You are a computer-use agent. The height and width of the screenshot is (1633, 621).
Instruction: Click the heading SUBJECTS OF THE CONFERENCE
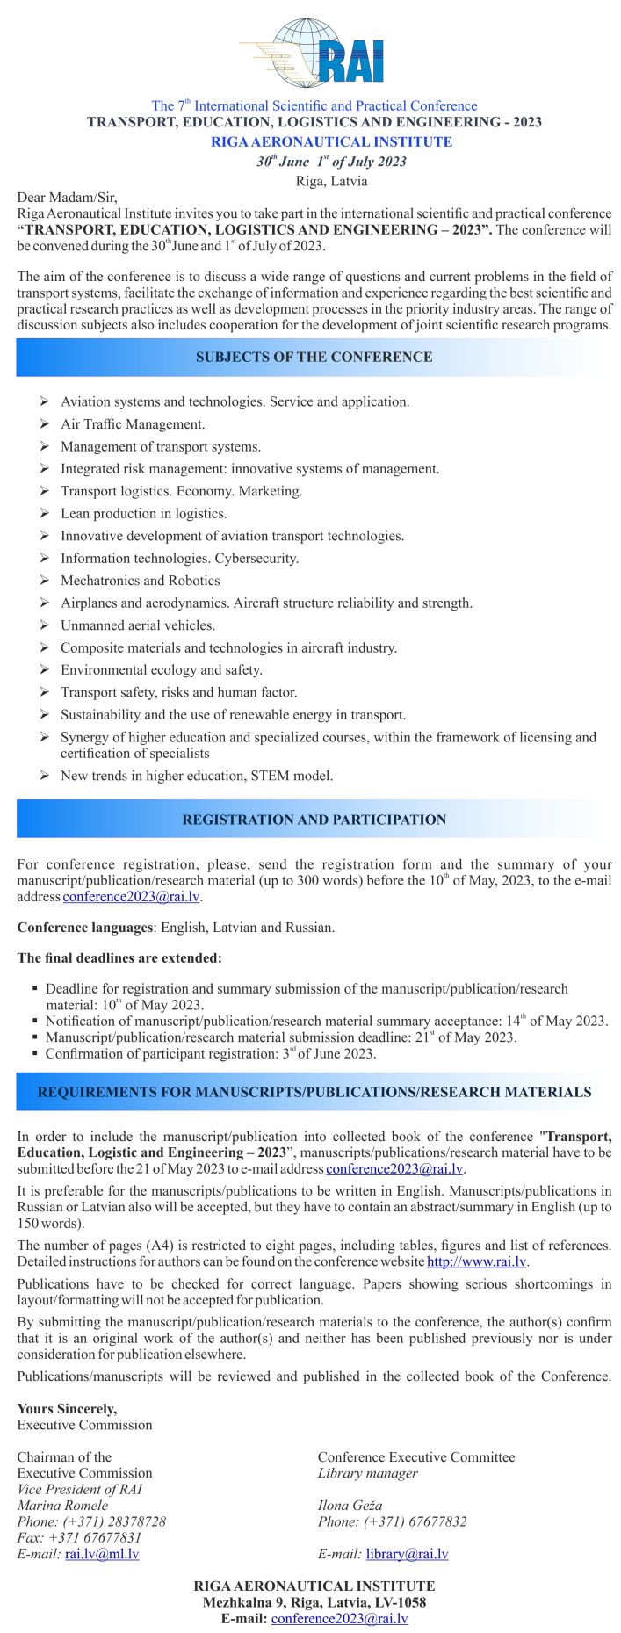(x=314, y=358)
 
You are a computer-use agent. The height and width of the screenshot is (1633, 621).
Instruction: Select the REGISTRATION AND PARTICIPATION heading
(x=314, y=820)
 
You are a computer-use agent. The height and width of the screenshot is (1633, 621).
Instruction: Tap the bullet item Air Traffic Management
(x=133, y=424)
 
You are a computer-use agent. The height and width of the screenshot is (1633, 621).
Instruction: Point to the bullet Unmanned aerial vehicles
(x=137, y=625)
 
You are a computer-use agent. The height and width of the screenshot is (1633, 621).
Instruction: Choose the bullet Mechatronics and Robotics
(x=140, y=581)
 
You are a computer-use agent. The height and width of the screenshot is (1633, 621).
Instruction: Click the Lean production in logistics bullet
(x=143, y=514)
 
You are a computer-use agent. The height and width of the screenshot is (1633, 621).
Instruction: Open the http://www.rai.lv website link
(x=476, y=1262)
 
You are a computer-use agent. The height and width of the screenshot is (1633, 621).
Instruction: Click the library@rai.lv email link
(x=407, y=1554)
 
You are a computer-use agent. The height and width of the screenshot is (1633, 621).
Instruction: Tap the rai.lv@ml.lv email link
(x=102, y=1554)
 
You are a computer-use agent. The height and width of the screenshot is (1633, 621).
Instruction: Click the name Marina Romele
(x=62, y=1506)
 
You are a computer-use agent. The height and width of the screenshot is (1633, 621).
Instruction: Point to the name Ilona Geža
(x=350, y=1506)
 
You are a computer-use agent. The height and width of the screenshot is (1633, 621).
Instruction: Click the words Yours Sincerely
(x=67, y=1409)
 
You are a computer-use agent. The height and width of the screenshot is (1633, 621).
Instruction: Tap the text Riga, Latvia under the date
(x=331, y=181)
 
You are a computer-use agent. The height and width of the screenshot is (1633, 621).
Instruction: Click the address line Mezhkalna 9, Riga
(x=314, y=1602)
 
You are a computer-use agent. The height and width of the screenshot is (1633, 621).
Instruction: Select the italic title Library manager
(x=367, y=1473)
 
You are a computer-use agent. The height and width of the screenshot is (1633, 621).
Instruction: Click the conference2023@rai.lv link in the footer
(x=339, y=1618)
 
